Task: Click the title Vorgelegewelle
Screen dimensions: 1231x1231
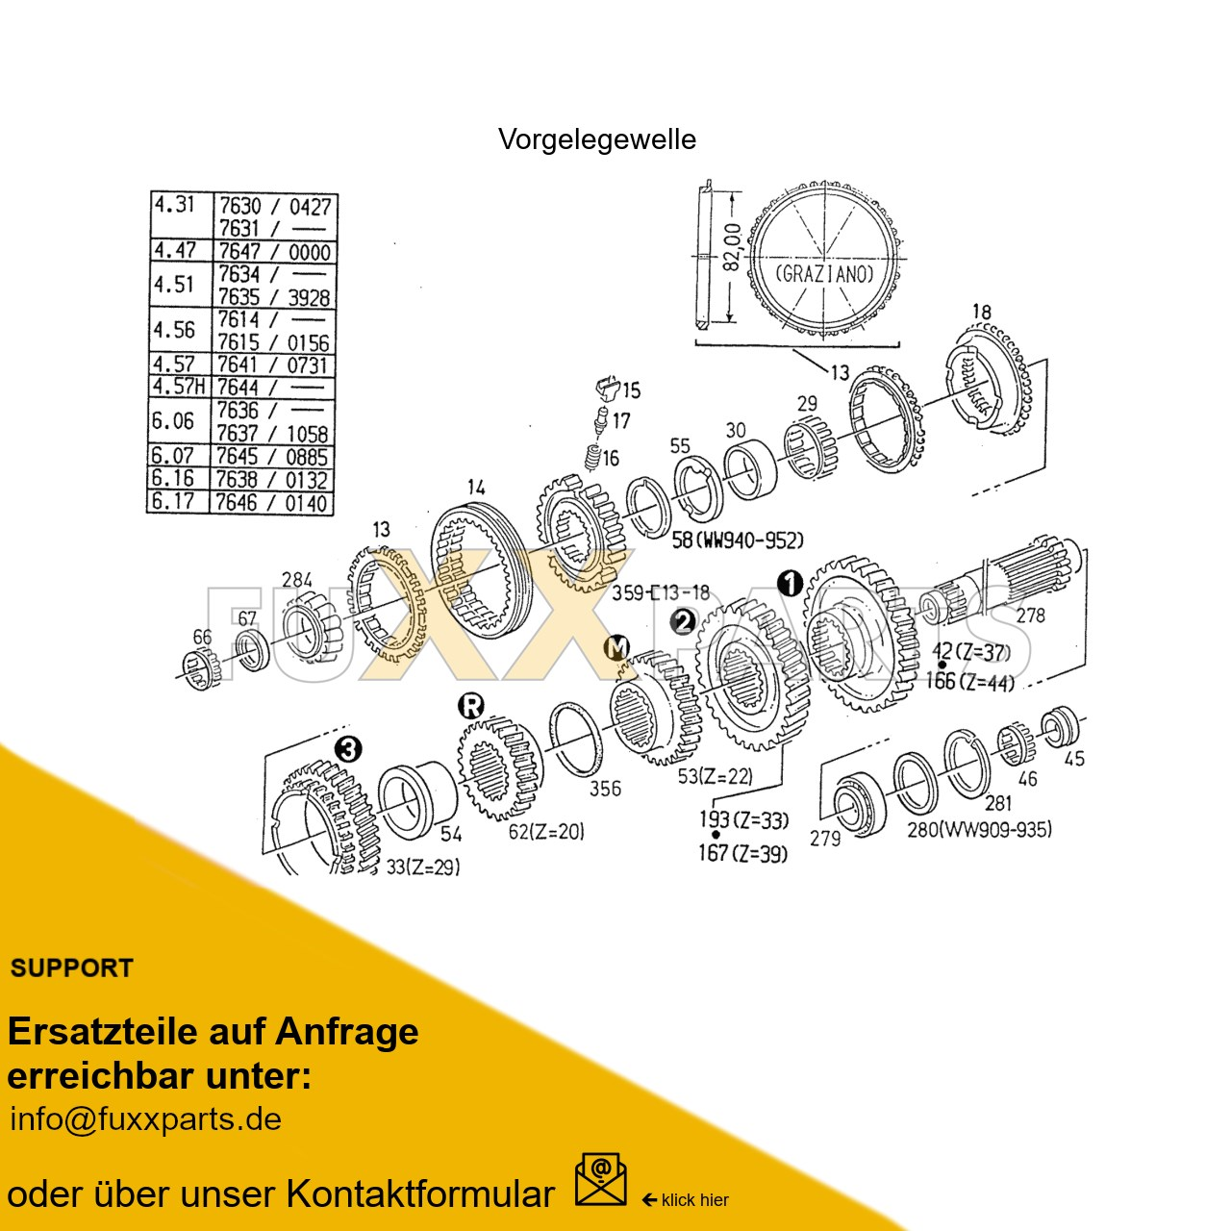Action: tap(596, 139)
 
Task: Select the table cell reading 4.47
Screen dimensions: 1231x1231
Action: tap(175, 250)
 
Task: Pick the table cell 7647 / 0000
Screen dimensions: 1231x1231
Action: tap(274, 252)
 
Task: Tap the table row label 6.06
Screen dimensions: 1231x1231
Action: tap(173, 421)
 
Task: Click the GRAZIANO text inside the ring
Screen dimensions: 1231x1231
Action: tap(824, 274)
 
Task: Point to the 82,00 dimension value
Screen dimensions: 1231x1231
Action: tap(732, 248)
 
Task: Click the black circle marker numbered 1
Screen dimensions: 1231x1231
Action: tap(790, 583)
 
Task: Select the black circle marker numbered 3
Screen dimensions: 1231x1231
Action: tap(348, 748)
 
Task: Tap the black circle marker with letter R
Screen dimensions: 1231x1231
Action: tap(470, 707)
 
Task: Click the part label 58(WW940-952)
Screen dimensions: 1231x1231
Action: tap(738, 540)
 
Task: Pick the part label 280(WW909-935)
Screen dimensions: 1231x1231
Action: tap(979, 829)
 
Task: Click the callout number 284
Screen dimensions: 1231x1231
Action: tap(297, 580)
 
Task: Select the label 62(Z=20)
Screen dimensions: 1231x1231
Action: tap(546, 832)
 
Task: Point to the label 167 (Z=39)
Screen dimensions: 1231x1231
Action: tap(742, 853)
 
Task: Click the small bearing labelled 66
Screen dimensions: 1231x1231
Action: tap(200, 667)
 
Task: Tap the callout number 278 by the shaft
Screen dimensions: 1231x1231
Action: tap(1030, 615)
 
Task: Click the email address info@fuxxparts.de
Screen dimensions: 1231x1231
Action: tap(145, 1119)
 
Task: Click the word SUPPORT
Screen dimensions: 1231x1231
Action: tap(71, 968)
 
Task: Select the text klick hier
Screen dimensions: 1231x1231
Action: tap(694, 1200)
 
